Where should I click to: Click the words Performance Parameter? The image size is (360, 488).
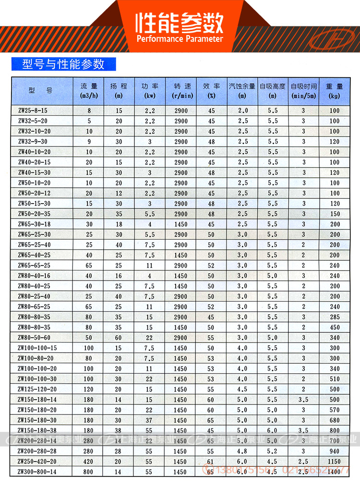180,39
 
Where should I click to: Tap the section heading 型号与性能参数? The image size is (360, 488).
63,64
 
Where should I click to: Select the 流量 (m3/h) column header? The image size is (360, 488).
89,90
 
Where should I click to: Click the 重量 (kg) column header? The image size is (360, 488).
335,90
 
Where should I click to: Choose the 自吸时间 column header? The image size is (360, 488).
303,90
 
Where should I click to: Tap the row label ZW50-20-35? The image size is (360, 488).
34,214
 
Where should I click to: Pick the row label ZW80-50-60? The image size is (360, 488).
34,338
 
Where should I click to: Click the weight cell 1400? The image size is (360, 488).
335,472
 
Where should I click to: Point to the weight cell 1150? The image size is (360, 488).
335,462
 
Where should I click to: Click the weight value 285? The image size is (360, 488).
335,317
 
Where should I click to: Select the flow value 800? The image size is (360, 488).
89,472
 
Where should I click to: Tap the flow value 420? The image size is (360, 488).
89,462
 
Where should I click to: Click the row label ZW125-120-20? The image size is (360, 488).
36,390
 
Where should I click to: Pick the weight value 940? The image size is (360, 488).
335,451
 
